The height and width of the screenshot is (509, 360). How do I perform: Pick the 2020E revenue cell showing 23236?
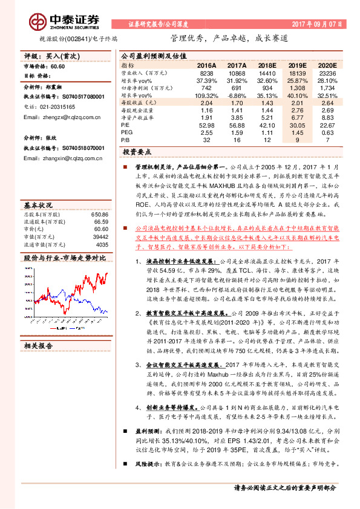(326, 72)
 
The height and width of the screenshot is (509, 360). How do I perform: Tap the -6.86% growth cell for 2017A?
(236, 96)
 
